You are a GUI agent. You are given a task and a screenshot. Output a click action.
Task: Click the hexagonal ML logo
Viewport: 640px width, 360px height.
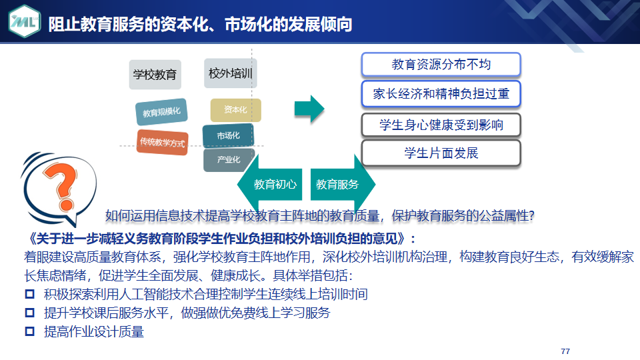pyautogui.click(x=25, y=21)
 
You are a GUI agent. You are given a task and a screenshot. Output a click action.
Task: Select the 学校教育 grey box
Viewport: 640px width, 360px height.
pyautogui.click(x=155, y=75)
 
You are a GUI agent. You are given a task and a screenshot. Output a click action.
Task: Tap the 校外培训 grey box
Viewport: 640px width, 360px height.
pyautogui.click(x=230, y=73)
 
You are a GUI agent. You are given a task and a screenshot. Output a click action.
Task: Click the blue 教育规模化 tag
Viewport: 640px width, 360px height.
pyautogui.click(x=161, y=111)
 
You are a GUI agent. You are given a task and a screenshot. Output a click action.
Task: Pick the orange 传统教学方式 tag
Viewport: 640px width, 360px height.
pyautogui.click(x=163, y=142)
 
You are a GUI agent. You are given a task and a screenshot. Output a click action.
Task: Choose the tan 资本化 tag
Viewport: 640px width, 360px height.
pyautogui.click(x=235, y=110)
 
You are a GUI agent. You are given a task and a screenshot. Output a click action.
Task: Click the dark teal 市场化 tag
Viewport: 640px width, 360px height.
pyautogui.click(x=228, y=135)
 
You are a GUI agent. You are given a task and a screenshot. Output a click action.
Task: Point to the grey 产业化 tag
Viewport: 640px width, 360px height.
pyautogui.click(x=229, y=159)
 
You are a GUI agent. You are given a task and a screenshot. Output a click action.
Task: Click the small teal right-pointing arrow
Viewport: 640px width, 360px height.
pyautogui.click(x=309, y=109)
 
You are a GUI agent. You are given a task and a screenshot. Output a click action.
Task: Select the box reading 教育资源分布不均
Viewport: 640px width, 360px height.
pyautogui.click(x=441, y=65)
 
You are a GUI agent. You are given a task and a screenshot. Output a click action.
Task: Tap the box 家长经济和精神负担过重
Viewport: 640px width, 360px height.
pyautogui.click(x=441, y=94)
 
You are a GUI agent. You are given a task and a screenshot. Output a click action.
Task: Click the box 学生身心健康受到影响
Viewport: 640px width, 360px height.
pyautogui.click(x=441, y=125)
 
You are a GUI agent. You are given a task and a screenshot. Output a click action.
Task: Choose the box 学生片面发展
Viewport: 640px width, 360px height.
pyautogui.click(x=441, y=153)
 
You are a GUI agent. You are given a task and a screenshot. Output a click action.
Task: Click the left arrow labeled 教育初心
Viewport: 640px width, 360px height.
pyautogui.click(x=270, y=184)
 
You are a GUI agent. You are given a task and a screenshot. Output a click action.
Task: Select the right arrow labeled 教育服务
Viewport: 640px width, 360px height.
pyautogui.click(x=343, y=184)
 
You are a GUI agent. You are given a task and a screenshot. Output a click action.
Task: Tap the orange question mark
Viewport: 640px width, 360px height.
pyautogui.click(x=61, y=187)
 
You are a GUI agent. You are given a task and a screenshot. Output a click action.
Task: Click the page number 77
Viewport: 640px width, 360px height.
pyautogui.click(x=565, y=351)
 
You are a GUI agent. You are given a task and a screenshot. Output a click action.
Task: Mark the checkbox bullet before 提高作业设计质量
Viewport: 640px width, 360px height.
pyautogui.click(x=30, y=331)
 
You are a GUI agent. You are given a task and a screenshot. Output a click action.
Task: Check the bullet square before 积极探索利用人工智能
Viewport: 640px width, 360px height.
pyautogui.click(x=30, y=294)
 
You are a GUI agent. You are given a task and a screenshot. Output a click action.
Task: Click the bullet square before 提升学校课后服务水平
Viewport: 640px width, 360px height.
pyautogui.click(x=30, y=313)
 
